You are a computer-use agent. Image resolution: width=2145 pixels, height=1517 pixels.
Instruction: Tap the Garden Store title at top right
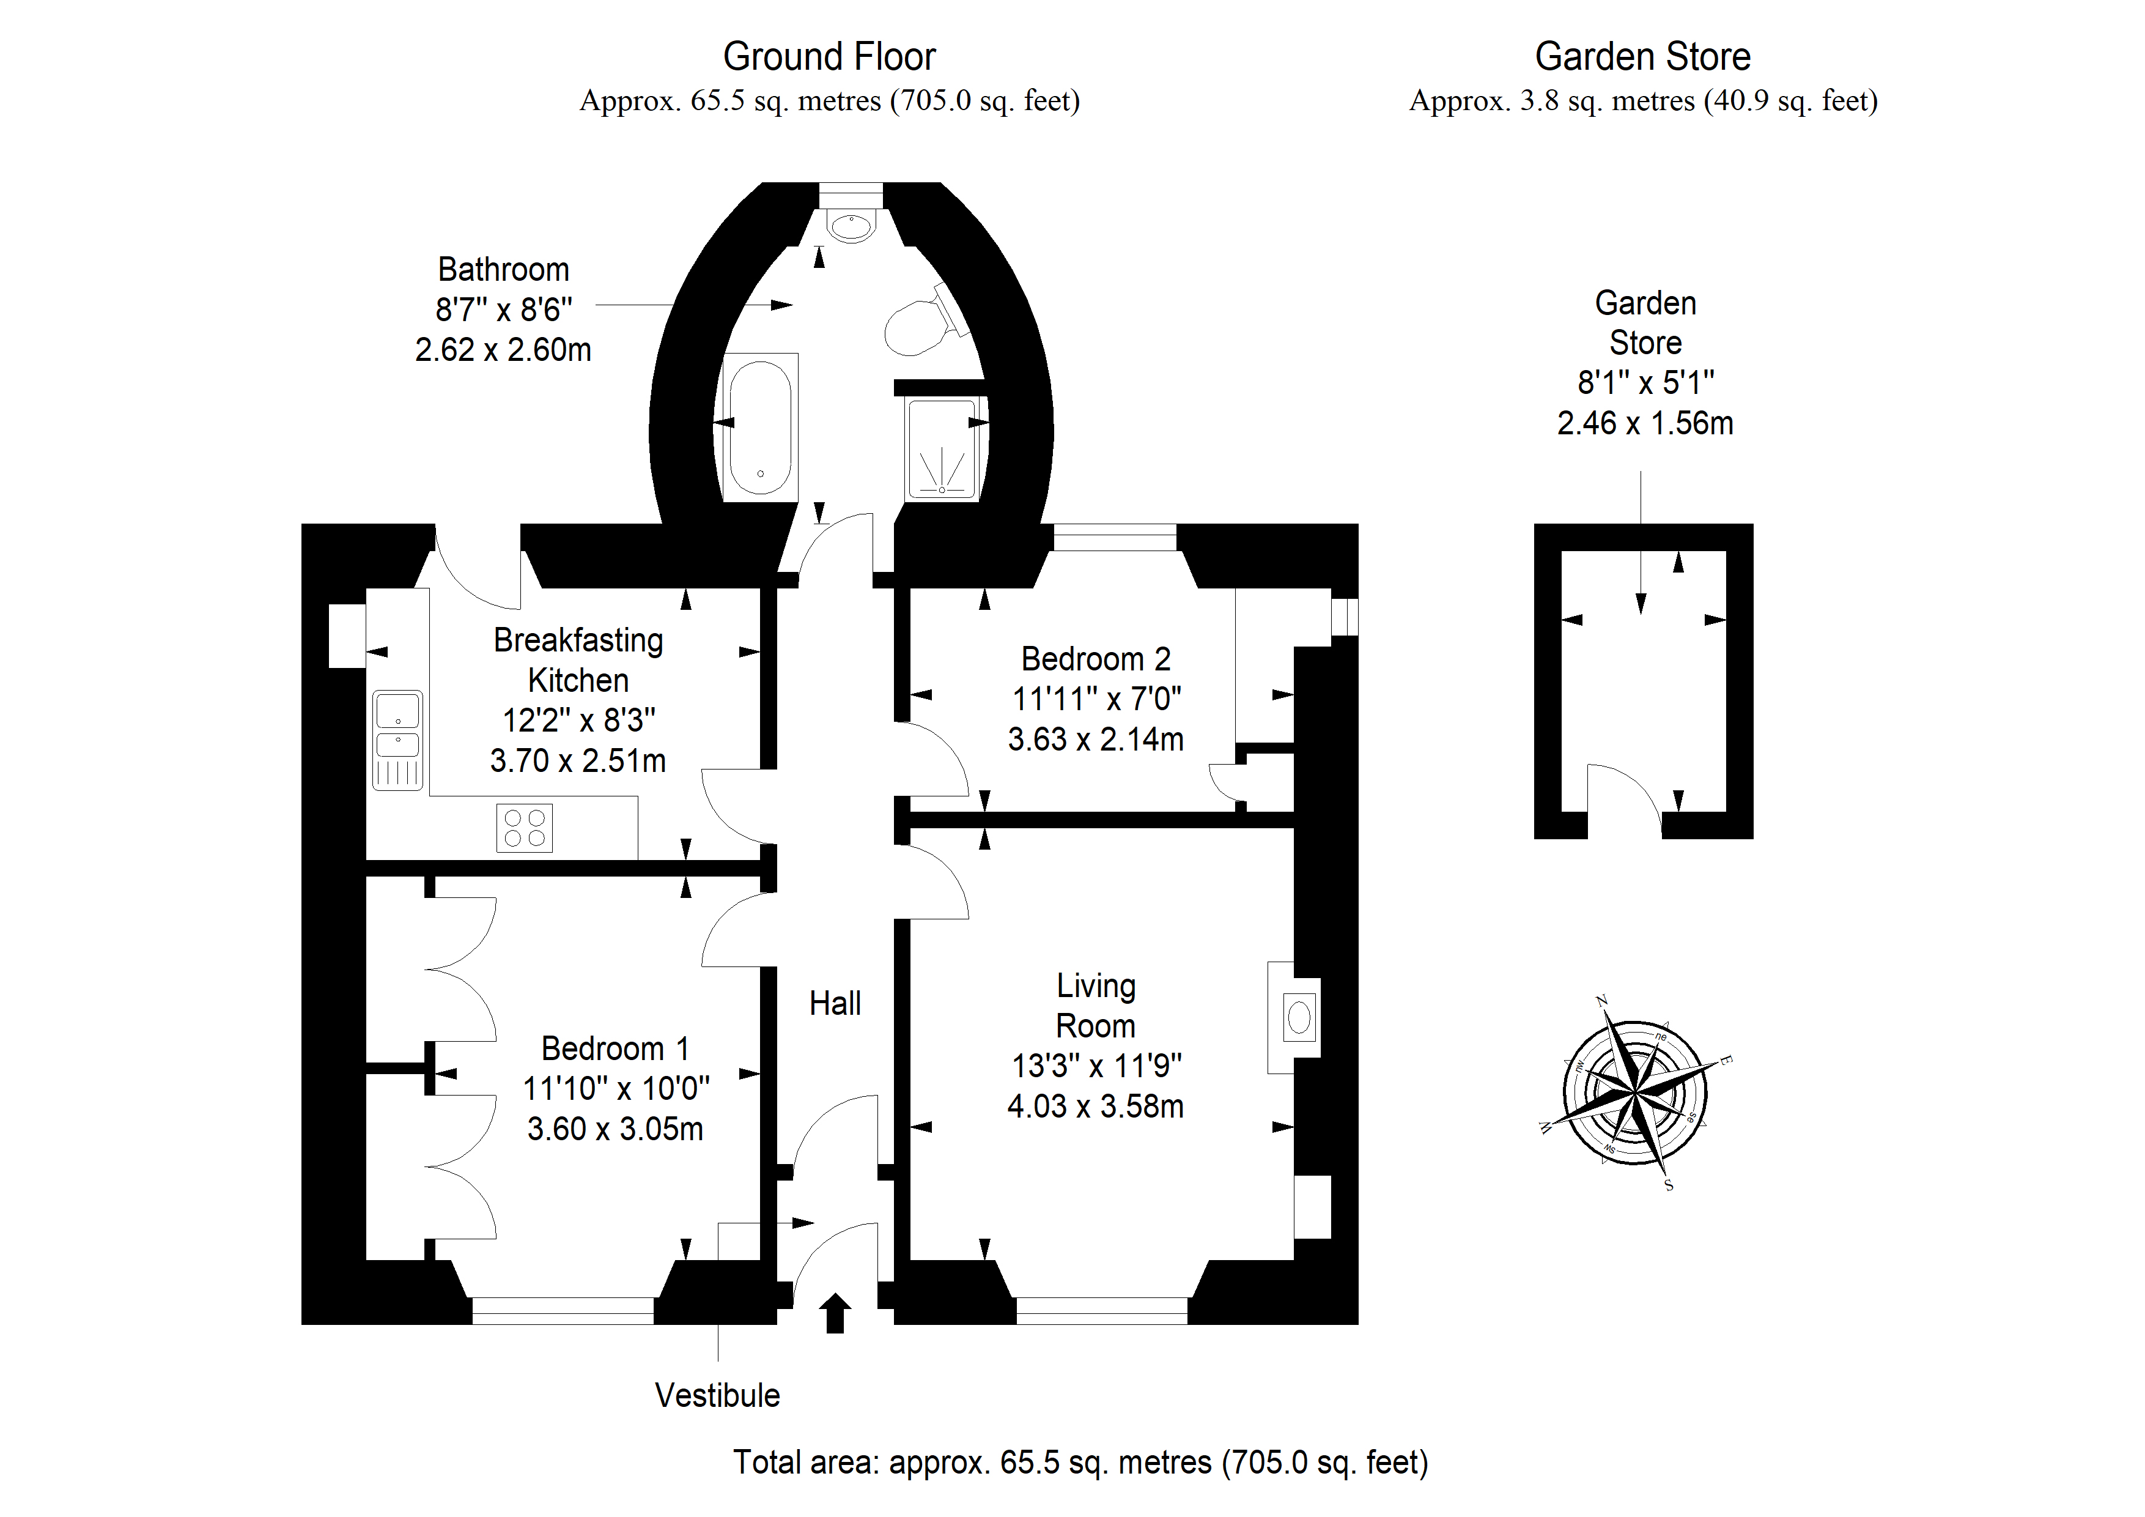tap(1642, 57)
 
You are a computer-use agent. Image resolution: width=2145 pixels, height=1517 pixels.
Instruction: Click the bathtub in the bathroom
tap(761, 427)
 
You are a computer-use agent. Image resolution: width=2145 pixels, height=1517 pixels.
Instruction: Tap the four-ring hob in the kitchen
tap(524, 828)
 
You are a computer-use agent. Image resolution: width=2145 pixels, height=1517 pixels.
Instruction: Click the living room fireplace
tap(1294, 1017)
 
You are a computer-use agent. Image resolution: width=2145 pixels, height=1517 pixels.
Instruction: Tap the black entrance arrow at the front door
tap(835, 1313)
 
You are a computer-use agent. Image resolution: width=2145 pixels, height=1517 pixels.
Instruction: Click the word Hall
tap(835, 1004)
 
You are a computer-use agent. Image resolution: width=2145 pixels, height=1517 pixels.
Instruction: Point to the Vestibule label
tap(717, 1395)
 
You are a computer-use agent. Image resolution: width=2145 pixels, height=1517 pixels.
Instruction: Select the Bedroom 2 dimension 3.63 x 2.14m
tap(1096, 740)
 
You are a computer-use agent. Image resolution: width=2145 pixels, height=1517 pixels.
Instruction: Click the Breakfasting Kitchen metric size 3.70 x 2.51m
tap(578, 761)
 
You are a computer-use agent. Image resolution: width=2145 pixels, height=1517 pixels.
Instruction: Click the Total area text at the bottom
tap(1081, 1463)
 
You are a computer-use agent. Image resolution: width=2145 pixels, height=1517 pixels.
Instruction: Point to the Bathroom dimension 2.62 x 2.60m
tap(504, 349)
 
